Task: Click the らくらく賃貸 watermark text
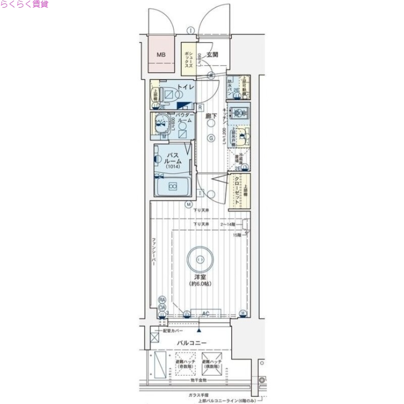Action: [x=24, y=5]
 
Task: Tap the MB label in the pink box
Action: [x=160, y=55]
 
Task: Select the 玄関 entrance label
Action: [x=212, y=55]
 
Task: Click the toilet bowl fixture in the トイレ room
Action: [x=169, y=94]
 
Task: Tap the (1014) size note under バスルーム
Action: [x=174, y=167]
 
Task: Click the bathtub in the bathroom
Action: [x=172, y=187]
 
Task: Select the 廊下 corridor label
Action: [x=211, y=116]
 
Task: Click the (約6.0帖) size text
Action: [x=201, y=284]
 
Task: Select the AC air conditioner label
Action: [x=206, y=314]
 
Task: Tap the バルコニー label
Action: [x=191, y=343]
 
